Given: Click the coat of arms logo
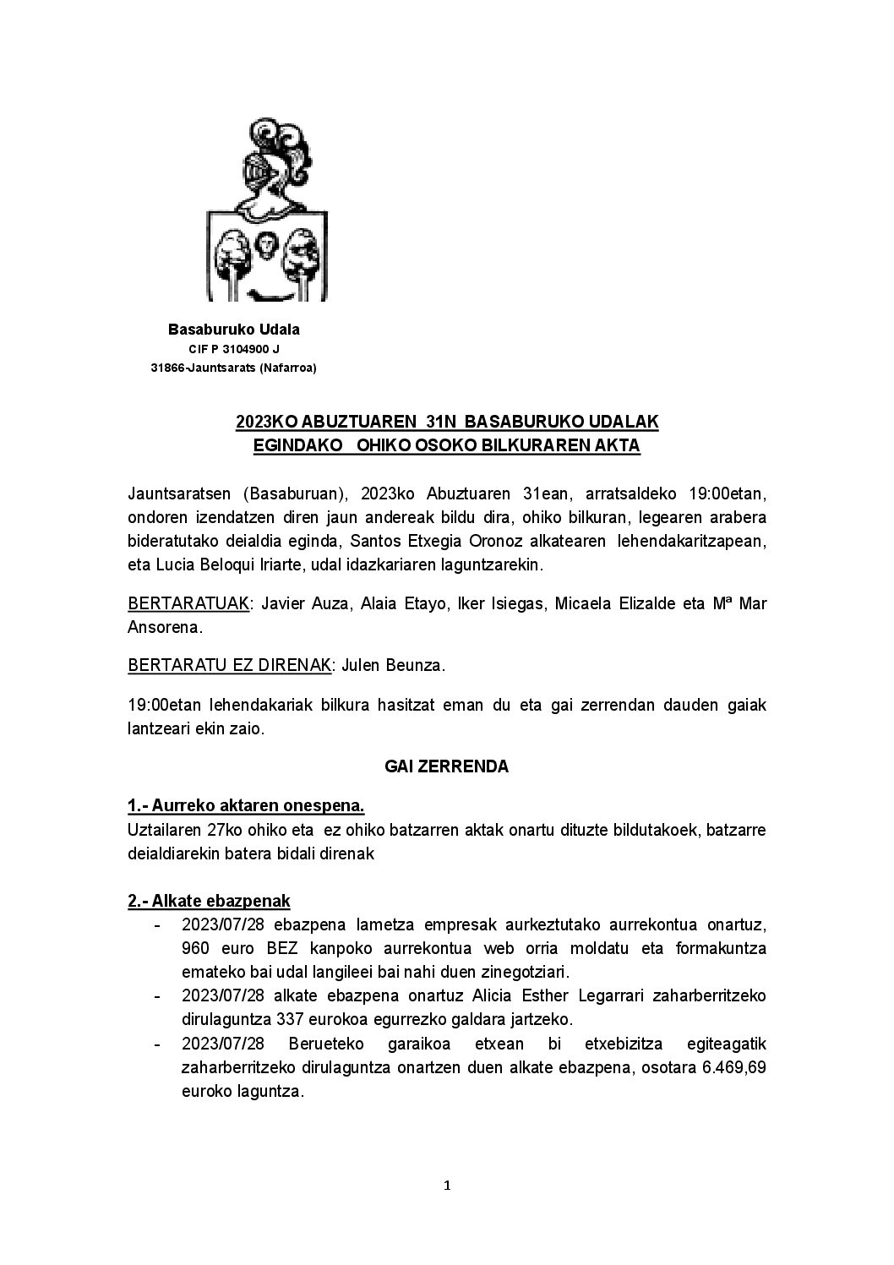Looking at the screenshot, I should (x=267, y=210).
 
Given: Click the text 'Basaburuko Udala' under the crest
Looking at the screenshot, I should (x=234, y=330).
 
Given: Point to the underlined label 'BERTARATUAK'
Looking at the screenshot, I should (x=188, y=603).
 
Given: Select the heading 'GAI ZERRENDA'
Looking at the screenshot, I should (x=446, y=766).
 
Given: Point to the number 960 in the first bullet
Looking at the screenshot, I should (x=195, y=948).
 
